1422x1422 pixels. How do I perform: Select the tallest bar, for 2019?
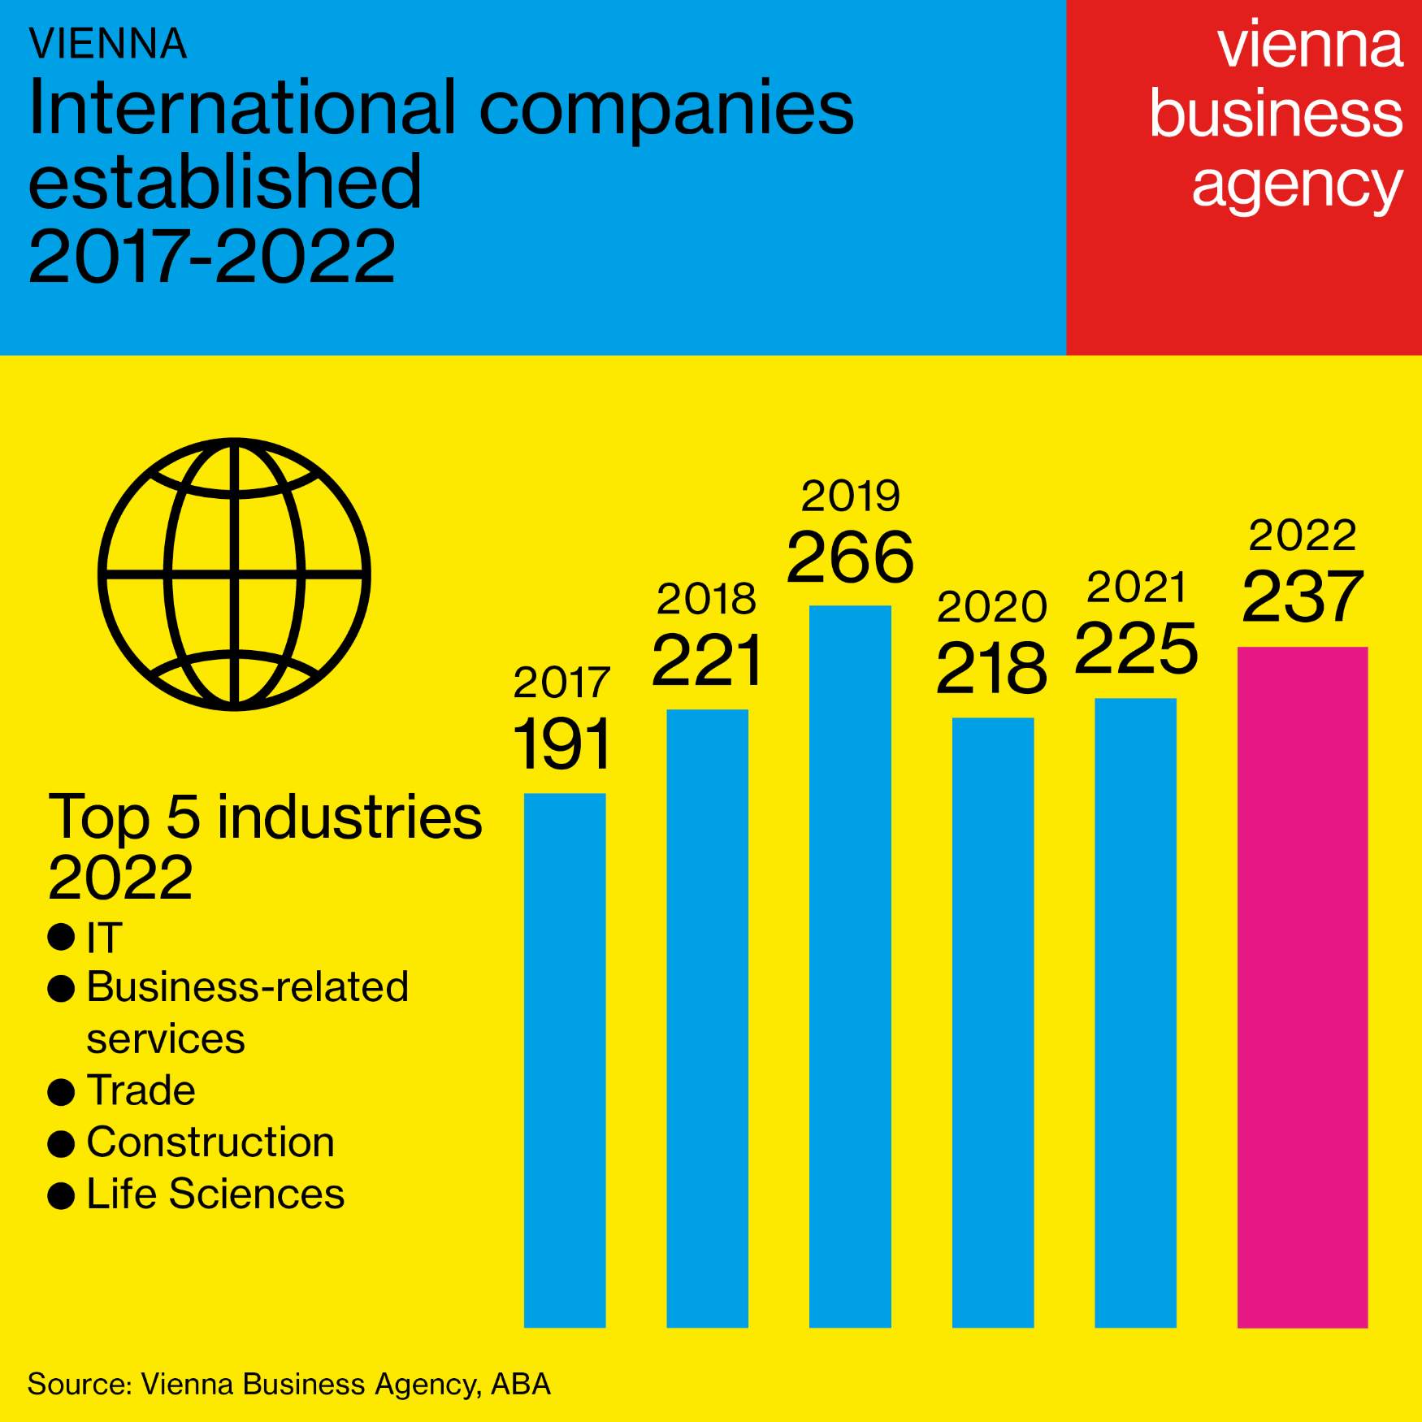coord(850,966)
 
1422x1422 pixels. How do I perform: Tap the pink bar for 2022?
coord(1302,986)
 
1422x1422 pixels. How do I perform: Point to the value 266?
coord(850,557)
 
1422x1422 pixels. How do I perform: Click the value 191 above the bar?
coord(561,744)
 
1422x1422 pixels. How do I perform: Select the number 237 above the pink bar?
coord(1302,597)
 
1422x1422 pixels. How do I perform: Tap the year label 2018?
coord(706,600)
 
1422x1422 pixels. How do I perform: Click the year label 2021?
coord(1136,587)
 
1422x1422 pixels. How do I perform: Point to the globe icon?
coord(234,574)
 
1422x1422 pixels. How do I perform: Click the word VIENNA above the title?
coord(108,45)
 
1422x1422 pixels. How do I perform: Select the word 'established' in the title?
coord(225,182)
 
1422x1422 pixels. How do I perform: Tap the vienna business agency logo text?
coord(1276,115)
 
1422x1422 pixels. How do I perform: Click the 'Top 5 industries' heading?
coord(265,817)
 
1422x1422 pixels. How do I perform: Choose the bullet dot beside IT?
coord(61,937)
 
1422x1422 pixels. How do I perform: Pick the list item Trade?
coord(141,1090)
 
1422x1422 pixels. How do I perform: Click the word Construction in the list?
coord(210,1142)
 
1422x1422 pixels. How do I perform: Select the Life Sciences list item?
coord(215,1194)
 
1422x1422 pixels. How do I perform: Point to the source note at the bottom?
coord(289,1384)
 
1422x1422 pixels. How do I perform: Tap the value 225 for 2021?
coord(1136,649)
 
